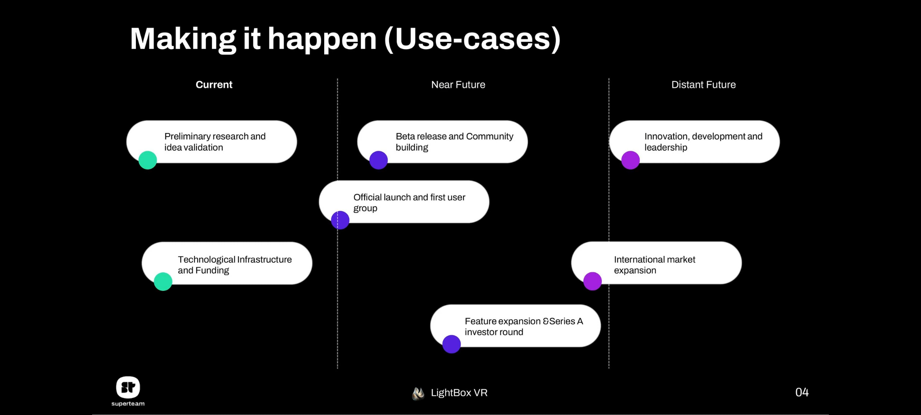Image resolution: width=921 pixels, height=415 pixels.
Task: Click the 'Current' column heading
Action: [x=214, y=85]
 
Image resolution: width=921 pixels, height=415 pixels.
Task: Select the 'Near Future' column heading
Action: [x=458, y=85]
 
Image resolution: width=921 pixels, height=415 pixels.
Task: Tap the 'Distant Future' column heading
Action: [x=703, y=85]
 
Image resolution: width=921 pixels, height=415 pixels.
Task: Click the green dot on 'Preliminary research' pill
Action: [x=148, y=160]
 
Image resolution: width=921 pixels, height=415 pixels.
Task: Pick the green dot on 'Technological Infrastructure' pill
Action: [x=163, y=281]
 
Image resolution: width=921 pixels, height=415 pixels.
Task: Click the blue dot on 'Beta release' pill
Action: [x=378, y=160]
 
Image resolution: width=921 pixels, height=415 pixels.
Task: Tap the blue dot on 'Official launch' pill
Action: [x=340, y=220]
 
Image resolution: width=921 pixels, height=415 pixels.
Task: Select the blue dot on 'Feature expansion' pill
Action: [x=451, y=344]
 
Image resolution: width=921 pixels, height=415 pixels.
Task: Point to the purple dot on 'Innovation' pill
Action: [x=631, y=160]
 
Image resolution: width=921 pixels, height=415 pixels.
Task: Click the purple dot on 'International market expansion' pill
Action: [x=593, y=281]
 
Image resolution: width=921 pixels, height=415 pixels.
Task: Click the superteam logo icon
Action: [x=128, y=387]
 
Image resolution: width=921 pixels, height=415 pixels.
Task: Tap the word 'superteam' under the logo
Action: [x=128, y=404]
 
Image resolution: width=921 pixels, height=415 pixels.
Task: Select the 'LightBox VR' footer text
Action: [x=459, y=393]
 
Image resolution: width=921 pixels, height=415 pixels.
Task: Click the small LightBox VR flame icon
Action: [x=418, y=393]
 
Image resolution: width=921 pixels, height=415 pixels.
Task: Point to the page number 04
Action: [x=802, y=392]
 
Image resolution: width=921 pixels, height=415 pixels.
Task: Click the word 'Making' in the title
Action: [x=183, y=39]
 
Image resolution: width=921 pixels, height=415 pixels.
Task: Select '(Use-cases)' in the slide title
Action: [x=472, y=39]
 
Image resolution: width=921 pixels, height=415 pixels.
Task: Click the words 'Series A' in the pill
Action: [x=566, y=321]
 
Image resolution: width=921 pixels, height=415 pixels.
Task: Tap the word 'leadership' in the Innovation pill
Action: [x=666, y=148]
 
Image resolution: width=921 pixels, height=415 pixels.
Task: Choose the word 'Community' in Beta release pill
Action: [x=489, y=136]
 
